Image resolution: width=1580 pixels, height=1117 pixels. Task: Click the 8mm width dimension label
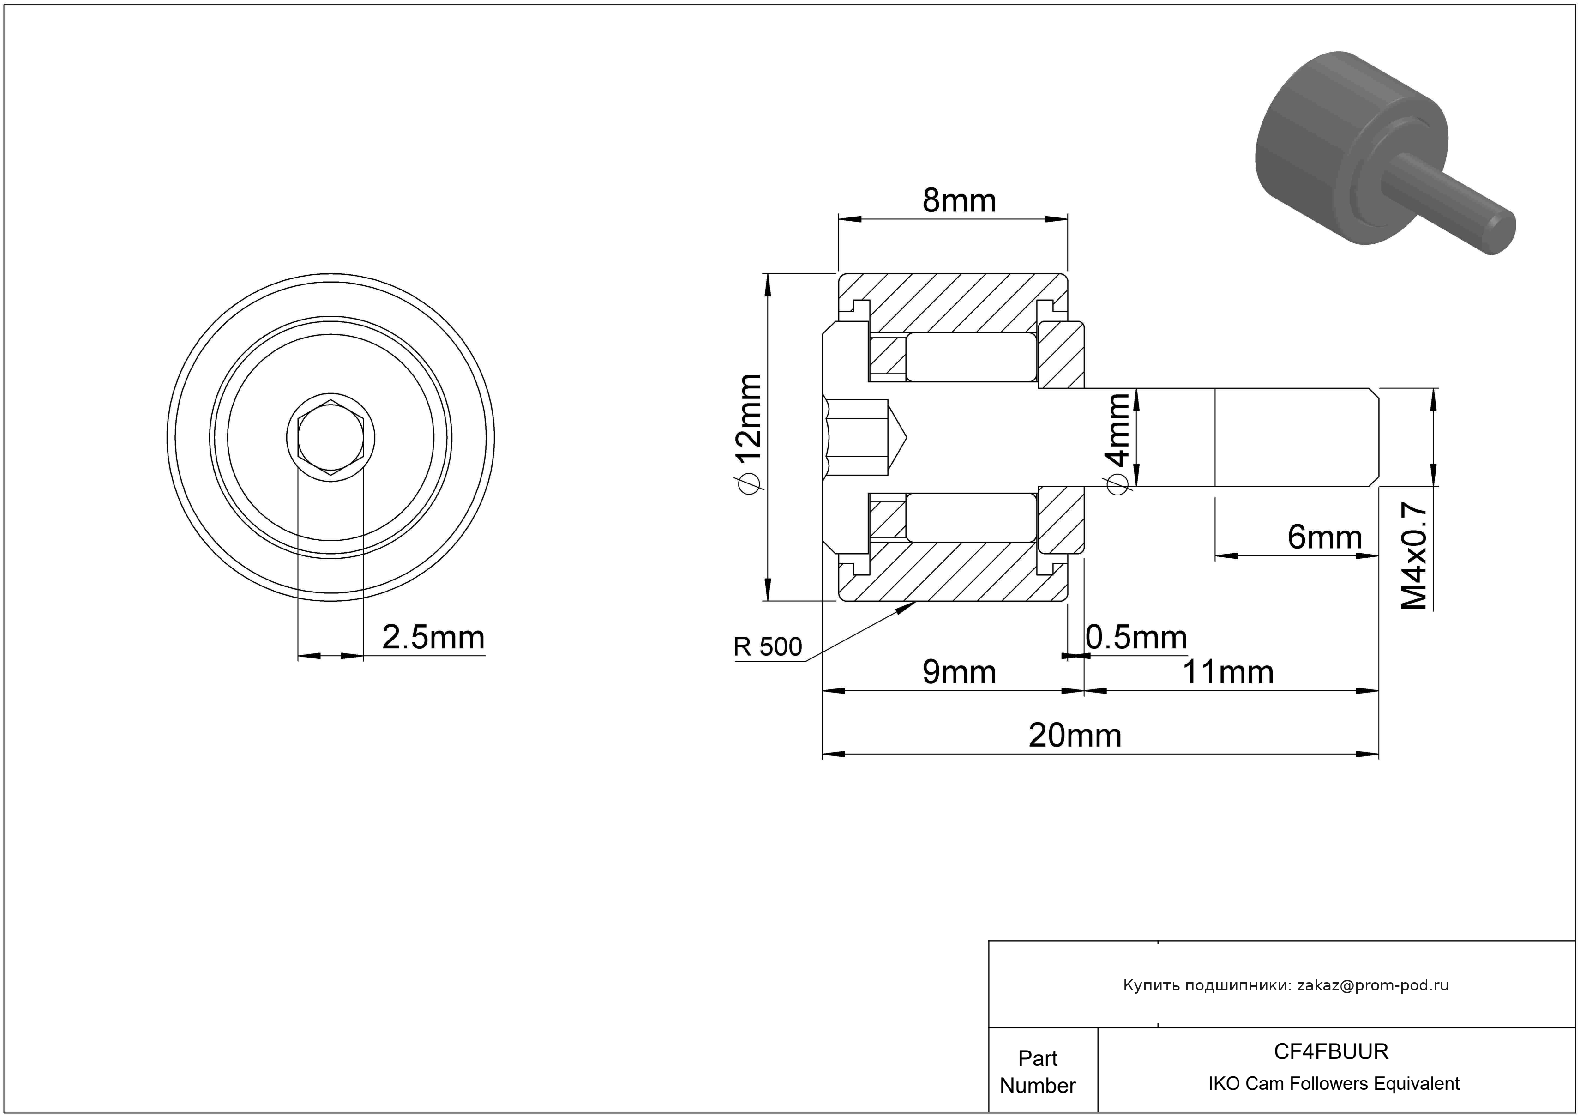(959, 201)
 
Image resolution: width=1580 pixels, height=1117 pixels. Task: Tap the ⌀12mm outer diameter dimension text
(748, 434)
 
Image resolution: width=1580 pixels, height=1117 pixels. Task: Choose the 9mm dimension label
(959, 672)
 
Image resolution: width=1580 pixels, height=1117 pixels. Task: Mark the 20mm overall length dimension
(1075, 736)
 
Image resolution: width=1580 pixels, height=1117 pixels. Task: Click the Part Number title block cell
(1038, 1072)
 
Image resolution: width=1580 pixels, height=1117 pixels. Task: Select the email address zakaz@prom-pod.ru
(1373, 985)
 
